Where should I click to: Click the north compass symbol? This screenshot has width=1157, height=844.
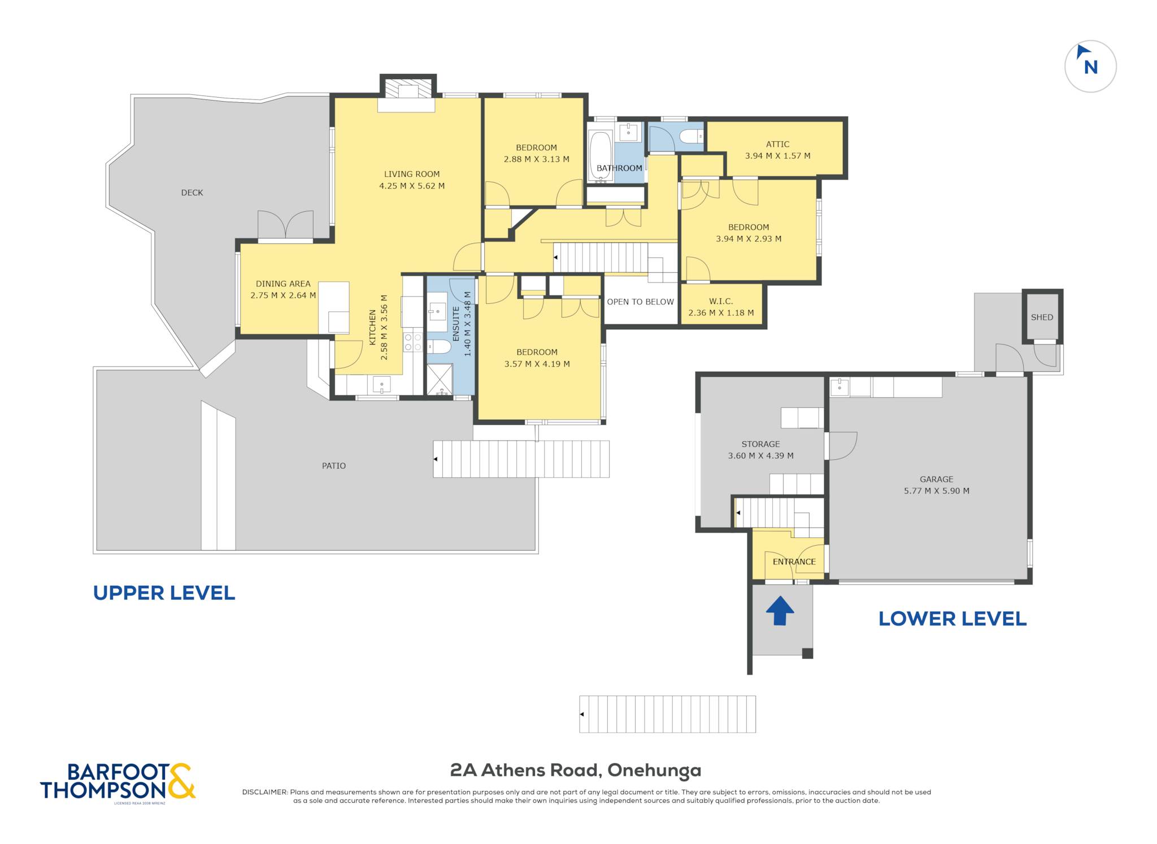click(x=1090, y=66)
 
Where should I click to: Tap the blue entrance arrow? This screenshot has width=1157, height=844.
click(x=780, y=610)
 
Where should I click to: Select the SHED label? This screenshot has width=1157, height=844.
click(x=1042, y=317)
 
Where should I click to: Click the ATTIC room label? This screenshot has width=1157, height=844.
click(x=777, y=144)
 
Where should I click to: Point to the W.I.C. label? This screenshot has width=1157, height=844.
click(x=721, y=301)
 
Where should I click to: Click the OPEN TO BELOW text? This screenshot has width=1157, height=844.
click(x=640, y=302)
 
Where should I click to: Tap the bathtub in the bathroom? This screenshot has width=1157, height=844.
click(x=600, y=156)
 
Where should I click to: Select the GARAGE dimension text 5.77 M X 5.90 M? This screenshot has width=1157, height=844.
click(x=936, y=491)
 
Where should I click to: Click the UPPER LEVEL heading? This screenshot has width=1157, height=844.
click(x=164, y=593)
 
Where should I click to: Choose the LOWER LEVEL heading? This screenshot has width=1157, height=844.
click(x=952, y=619)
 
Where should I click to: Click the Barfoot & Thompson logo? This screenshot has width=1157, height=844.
click(x=118, y=781)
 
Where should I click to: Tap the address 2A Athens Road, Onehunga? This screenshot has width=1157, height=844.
click(x=576, y=770)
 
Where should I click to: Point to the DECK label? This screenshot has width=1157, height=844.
click(x=192, y=193)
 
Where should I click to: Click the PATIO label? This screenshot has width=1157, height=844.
click(x=334, y=466)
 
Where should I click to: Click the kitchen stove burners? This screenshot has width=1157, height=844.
click(x=412, y=342)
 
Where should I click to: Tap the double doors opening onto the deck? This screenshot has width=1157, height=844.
click(x=286, y=225)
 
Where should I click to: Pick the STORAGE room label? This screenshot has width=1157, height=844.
click(x=760, y=444)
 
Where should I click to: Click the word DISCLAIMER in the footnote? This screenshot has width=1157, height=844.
click(x=265, y=792)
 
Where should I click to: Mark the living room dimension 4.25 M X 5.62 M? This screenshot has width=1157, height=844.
click(x=412, y=186)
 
